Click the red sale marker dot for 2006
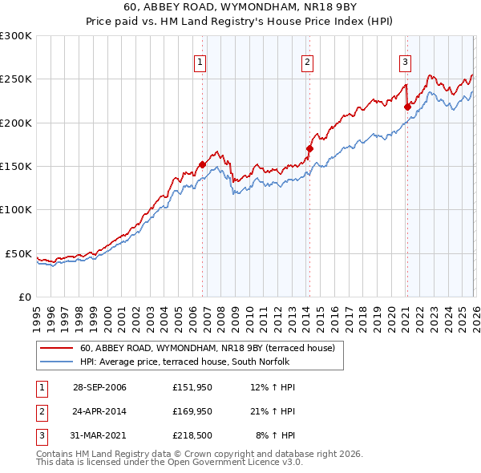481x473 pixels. tap(202, 165)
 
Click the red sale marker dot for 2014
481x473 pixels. tap(309, 148)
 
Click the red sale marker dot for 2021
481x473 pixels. tap(407, 107)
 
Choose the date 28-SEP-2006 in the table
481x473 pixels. tap(99, 387)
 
